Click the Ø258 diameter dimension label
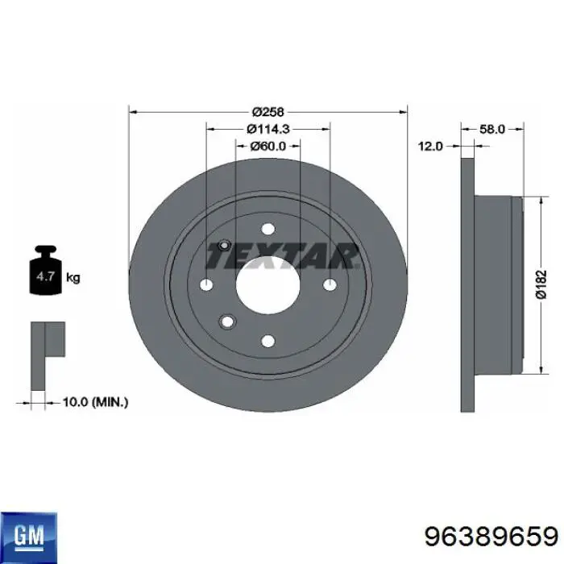pyautogui.click(x=268, y=112)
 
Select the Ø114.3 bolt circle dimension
pyautogui.click(x=268, y=129)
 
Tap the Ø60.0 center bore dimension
pyautogui.click(x=268, y=146)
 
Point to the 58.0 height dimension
pyautogui.click(x=492, y=129)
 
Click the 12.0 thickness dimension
pyautogui.click(x=430, y=147)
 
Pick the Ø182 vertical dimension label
pyautogui.click(x=541, y=284)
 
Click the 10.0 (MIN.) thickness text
pyautogui.click(x=95, y=402)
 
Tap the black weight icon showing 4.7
pyautogui.click(x=46, y=270)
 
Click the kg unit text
pyautogui.click(x=73, y=278)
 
